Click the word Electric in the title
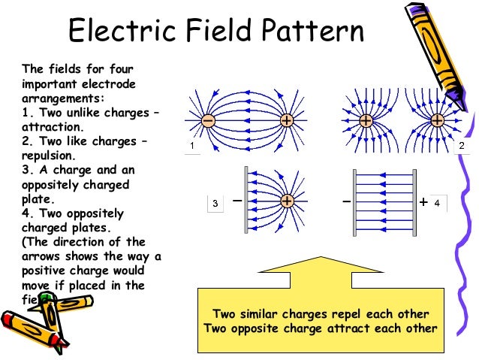115,32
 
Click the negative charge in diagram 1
208,121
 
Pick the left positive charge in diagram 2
366,120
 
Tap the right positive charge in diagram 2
437,120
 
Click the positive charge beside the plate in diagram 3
286,201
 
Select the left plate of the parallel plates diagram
354,201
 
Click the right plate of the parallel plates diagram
414,201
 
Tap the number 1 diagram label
193,145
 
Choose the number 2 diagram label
462,145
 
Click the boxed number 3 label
215,203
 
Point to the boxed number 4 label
437,202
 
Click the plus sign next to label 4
424,202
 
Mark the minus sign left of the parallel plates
345,202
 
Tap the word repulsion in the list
49,156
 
